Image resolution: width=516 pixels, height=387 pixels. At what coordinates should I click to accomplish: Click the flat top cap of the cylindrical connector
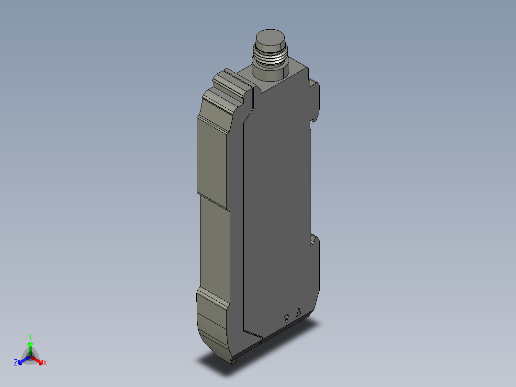pos(270,37)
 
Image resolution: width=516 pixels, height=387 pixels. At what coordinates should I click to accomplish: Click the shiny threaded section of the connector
pos(269,59)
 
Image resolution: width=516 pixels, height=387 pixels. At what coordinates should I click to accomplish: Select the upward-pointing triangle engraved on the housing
pos(299,312)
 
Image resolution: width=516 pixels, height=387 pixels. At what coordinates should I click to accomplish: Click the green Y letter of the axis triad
pos(30,337)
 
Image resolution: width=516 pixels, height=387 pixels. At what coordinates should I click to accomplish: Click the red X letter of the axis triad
pos(45,363)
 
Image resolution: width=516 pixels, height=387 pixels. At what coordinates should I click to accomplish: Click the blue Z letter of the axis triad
pos(16,363)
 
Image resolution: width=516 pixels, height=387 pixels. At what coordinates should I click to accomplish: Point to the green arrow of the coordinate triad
pos(30,347)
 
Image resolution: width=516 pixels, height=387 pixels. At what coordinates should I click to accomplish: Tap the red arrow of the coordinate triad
pos(38,360)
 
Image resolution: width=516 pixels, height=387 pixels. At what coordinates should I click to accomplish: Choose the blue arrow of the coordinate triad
pos(22,360)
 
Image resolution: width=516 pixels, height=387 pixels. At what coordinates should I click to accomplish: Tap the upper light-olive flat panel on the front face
pos(212,158)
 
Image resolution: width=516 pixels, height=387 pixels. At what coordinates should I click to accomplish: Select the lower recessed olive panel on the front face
pos(213,244)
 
